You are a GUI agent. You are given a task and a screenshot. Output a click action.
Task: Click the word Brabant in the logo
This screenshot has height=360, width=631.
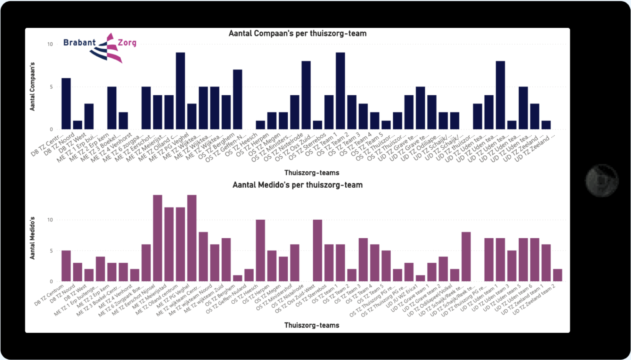79,43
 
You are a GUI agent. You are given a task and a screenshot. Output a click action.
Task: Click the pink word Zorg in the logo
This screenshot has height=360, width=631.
127,43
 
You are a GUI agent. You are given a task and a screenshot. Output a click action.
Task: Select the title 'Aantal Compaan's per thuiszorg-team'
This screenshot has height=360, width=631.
297,34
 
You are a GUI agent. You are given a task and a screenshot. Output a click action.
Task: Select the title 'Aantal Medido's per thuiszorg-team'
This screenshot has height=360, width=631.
297,185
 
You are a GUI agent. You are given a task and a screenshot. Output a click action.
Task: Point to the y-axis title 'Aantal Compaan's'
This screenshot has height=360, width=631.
32,86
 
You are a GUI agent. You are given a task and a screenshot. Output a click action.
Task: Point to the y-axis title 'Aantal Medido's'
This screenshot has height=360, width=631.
32,238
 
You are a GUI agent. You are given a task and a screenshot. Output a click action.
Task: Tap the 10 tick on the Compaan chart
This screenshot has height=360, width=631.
50,44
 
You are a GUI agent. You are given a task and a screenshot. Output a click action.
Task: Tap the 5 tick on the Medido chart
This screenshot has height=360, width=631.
51,251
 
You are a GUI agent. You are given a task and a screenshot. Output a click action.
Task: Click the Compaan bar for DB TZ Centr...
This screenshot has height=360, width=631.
66,104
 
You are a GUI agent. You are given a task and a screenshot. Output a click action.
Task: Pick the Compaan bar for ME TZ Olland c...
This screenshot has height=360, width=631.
180,91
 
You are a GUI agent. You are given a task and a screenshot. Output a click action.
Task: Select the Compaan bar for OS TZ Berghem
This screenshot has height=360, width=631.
237,99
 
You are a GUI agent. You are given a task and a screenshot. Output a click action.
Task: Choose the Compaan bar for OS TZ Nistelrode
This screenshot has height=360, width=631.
306,95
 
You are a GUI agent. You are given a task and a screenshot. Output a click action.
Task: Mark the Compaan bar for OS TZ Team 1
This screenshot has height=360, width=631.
340,91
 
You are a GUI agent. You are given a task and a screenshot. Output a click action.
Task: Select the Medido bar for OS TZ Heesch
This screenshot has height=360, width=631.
260,250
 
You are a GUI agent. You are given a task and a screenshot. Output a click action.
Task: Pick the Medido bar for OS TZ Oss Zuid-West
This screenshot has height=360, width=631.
317,250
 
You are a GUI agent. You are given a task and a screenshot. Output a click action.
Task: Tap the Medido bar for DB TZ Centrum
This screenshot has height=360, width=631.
66,266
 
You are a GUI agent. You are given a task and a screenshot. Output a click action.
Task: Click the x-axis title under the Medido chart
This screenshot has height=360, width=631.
311,325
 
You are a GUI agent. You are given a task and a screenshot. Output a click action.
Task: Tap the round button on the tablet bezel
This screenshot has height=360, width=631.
602,180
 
